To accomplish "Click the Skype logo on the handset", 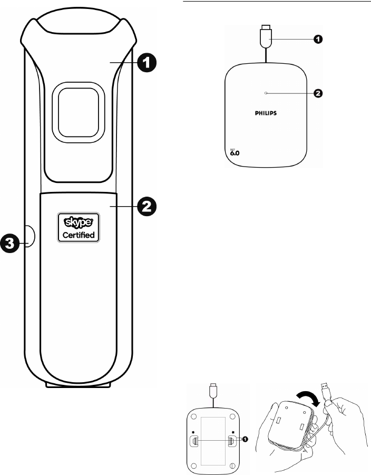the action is tap(78, 222).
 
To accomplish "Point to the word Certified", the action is tap(79, 236).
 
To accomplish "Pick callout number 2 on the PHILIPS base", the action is tap(318, 93).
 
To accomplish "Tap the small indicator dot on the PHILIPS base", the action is tap(267, 93).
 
